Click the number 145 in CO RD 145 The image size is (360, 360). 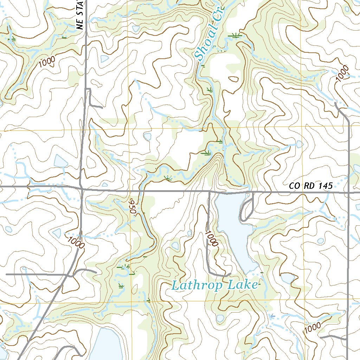(x=325, y=186)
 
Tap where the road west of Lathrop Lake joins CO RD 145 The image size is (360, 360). (x=210, y=192)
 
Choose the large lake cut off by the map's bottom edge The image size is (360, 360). (x=105, y=346)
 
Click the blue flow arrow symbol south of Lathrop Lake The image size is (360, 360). (x=271, y=317)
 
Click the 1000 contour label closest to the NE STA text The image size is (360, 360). (x=47, y=62)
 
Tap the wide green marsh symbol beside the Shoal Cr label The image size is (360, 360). (x=235, y=35)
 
